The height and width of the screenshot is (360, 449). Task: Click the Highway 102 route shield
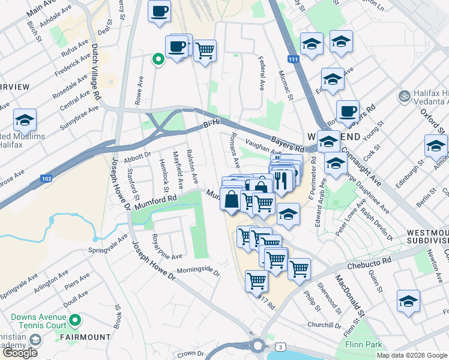click(x=47, y=179)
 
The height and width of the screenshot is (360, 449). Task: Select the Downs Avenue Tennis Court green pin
click(x=74, y=321)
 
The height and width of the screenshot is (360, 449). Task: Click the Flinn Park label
click(x=364, y=345)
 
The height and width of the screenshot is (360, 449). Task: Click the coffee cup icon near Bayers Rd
click(x=347, y=111)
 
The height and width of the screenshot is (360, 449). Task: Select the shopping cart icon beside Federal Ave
click(x=205, y=50)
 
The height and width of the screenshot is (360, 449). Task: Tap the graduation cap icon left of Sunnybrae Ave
click(x=25, y=119)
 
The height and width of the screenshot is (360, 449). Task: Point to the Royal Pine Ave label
click(x=166, y=247)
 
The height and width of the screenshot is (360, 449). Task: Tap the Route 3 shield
click(x=279, y=347)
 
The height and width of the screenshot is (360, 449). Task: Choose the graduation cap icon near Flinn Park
click(x=408, y=301)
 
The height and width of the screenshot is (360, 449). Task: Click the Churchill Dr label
click(x=324, y=325)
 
